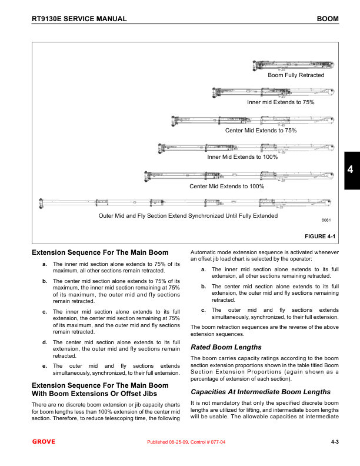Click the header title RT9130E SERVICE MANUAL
click(79, 19)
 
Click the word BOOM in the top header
click(328, 19)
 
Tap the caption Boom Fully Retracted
click(296, 75)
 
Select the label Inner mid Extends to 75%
click(281, 102)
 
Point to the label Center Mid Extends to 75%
click(261, 130)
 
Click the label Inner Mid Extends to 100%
click(242, 157)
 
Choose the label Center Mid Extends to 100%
click(226, 187)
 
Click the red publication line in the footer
click(194, 442)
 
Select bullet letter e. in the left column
click(45, 366)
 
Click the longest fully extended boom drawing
click(188, 203)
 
